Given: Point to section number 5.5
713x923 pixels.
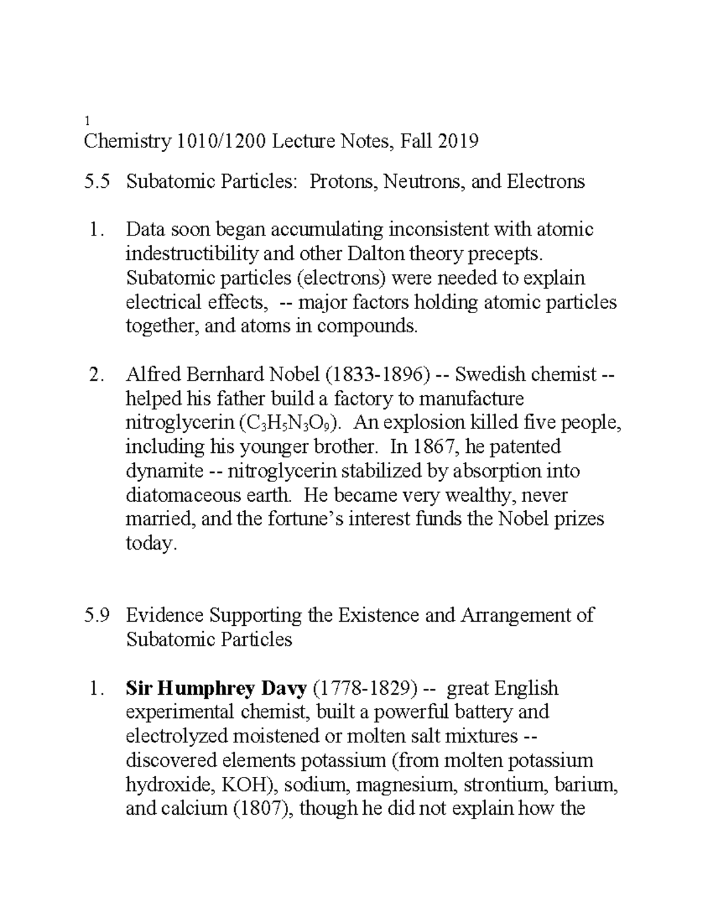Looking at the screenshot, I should point(97,181).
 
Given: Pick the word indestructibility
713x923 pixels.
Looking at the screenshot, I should point(192,254).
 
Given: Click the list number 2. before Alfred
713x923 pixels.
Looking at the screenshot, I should point(95,374).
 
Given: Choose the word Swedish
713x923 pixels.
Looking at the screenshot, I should point(490,374).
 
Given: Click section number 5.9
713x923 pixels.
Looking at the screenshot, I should point(97,615).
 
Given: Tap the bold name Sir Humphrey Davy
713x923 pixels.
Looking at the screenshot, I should point(216,688).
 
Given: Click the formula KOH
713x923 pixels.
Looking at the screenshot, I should point(244,785).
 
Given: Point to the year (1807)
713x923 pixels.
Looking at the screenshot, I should point(262,809).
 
